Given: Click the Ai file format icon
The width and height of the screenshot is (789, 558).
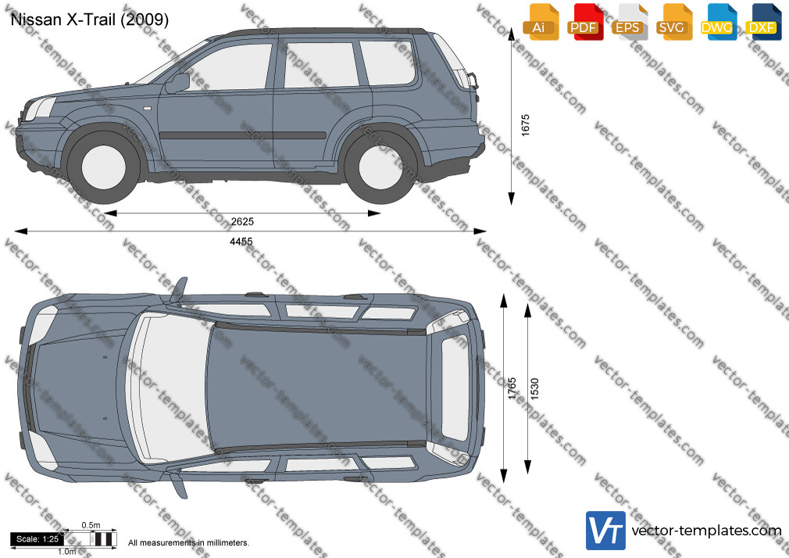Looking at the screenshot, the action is tap(541, 22).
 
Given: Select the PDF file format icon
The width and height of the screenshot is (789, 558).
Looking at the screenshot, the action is tap(585, 22).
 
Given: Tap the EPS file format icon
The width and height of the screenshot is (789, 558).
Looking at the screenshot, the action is tap(630, 22).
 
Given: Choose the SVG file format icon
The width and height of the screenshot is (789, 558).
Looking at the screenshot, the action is tap(673, 22).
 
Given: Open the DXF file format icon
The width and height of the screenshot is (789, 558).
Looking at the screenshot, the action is tap(763, 22).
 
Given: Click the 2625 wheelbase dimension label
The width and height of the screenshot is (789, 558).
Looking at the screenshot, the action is tap(242, 222).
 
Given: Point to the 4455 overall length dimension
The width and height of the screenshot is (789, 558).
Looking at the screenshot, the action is tap(241, 241).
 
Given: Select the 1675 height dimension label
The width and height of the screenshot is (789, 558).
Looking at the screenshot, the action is tap(525, 125).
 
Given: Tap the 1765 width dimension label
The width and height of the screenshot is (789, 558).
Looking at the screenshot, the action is tap(512, 388).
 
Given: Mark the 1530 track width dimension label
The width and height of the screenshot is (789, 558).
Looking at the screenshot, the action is tap(534, 388).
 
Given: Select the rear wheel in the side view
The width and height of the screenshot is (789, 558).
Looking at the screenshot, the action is tap(380, 166).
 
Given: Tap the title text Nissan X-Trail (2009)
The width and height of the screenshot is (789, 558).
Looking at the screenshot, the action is tap(90, 20).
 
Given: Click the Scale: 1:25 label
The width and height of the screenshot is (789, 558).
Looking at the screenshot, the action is tap(37, 539).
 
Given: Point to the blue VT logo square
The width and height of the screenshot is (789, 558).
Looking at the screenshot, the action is tap(606, 531).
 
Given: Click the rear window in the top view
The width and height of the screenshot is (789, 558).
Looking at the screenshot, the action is tap(455, 388).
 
